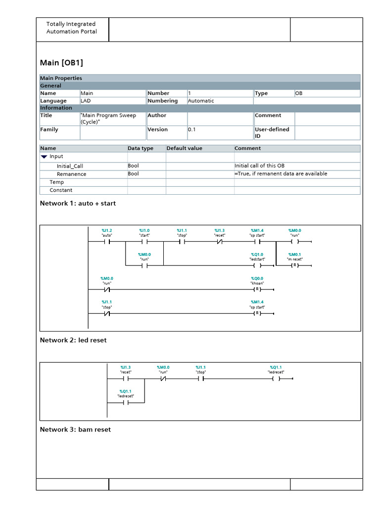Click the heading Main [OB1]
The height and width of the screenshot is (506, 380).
pos(61,63)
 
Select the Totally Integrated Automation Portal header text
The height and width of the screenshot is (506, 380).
pos(71,28)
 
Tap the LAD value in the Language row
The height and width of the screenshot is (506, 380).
pos(86,101)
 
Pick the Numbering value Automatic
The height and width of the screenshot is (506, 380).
pos(201,101)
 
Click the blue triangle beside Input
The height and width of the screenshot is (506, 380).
pos(44,157)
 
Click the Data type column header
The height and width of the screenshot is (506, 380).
pos(141,148)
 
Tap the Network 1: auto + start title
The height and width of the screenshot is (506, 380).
pos(78,203)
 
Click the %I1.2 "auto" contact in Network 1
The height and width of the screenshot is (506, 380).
pos(107,242)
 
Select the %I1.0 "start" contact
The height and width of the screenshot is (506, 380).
pos(144,242)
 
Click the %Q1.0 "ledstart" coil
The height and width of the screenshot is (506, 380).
pos(257,265)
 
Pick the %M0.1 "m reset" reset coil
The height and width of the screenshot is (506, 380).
pos(294,265)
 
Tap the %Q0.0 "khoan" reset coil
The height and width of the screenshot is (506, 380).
pos(257,289)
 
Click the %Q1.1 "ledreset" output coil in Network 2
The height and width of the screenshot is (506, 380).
pos(276,379)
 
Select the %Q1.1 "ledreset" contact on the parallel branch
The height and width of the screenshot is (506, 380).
pos(125,403)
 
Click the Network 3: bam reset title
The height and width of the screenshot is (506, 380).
pos(75,429)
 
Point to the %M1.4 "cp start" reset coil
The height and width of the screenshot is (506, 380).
pos(257,313)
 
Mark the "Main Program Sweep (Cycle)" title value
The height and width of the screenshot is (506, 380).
pos(109,119)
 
